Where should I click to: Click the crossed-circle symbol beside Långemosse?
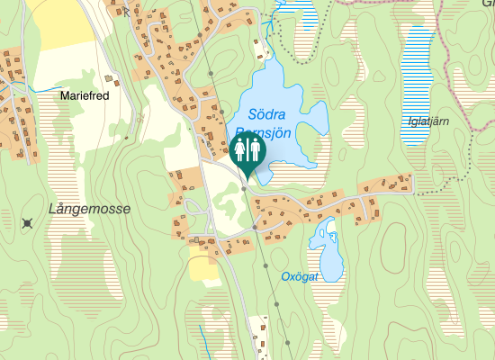pos(28,222)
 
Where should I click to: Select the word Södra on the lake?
pos(266,114)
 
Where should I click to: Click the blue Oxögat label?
pos(300,276)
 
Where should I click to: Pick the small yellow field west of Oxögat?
pos(203,267)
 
